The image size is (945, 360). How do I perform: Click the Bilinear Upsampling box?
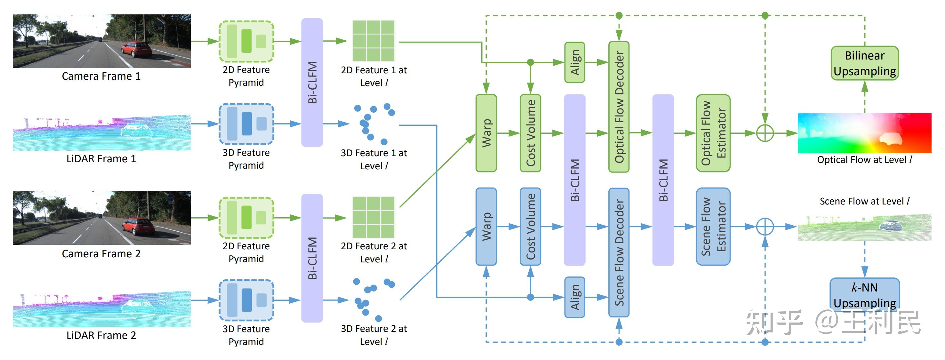pos(864,63)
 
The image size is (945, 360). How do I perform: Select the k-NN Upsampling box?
pos(864,295)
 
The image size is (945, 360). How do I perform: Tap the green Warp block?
pos(486,133)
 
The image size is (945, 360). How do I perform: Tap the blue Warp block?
pos(486,227)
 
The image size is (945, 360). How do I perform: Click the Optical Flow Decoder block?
pos(619,107)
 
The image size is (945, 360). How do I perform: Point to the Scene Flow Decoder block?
pos(619,252)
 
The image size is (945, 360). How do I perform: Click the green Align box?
pos(574,62)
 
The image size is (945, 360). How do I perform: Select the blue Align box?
pos(574,297)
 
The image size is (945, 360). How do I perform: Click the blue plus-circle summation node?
pos(765,227)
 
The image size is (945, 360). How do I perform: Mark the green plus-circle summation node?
pos(765,133)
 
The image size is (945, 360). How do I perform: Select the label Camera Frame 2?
pos(101,253)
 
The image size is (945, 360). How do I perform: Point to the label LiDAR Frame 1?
pos(101,158)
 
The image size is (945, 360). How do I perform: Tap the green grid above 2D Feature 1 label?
pos(373,41)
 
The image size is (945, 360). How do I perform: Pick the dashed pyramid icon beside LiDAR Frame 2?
pos(246,300)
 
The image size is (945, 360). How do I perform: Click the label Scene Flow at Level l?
pos(864,201)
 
